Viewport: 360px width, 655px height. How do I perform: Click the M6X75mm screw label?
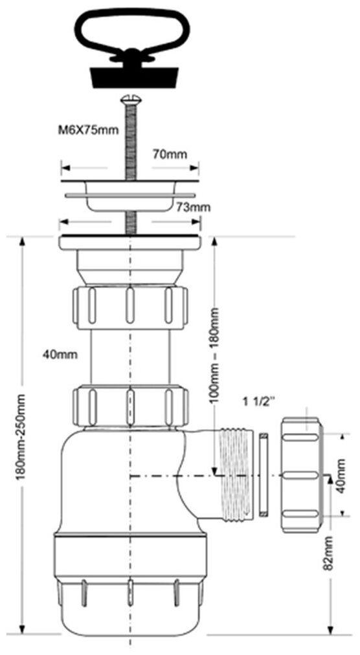[x=88, y=130]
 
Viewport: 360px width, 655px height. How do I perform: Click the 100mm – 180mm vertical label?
[x=214, y=355]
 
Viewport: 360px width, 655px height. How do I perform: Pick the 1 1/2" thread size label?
[x=259, y=403]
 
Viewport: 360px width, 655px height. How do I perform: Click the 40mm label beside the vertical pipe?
[x=60, y=355]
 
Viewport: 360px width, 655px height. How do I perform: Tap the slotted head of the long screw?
[x=129, y=99]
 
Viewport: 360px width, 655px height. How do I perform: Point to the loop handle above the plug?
[x=132, y=34]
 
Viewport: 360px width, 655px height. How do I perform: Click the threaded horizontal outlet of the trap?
[x=235, y=475]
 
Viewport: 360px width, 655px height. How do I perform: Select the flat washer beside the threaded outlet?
[x=264, y=475]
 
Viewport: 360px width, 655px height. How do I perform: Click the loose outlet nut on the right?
[x=302, y=475]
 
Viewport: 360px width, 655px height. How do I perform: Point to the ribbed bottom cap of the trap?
[x=130, y=585]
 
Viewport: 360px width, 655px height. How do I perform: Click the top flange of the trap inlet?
[x=130, y=243]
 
